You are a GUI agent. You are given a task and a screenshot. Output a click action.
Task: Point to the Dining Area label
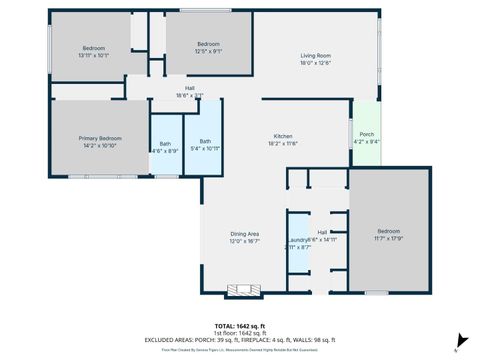pyautogui.click(x=244, y=233)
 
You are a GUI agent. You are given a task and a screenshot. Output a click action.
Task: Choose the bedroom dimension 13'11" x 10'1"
pyautogui.click(x=93, y=56)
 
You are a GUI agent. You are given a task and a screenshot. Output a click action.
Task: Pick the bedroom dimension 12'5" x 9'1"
pyautogui.click(x=208, y=51)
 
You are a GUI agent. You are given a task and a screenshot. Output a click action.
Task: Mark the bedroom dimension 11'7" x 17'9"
pyautogui.click(x=388, y=237)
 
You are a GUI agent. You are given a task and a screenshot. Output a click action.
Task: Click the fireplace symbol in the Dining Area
pyautogui.click(x=240, y=292)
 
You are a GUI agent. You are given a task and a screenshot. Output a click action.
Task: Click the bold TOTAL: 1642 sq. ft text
pyautogui.click(x=240, y=326)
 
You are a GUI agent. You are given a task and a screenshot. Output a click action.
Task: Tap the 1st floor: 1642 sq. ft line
pyautogui.click(x=240, y=332)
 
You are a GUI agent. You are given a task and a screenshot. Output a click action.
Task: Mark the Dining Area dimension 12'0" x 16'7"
pyautogui.click(x=244, y=241)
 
